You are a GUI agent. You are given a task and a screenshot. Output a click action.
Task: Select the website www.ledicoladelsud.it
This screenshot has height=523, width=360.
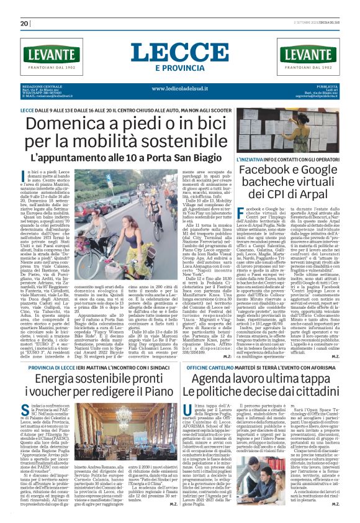180,88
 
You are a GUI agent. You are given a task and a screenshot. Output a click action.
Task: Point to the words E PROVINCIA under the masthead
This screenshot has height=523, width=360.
180,67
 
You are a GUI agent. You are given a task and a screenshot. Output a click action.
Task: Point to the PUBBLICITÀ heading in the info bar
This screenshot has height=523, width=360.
326,86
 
